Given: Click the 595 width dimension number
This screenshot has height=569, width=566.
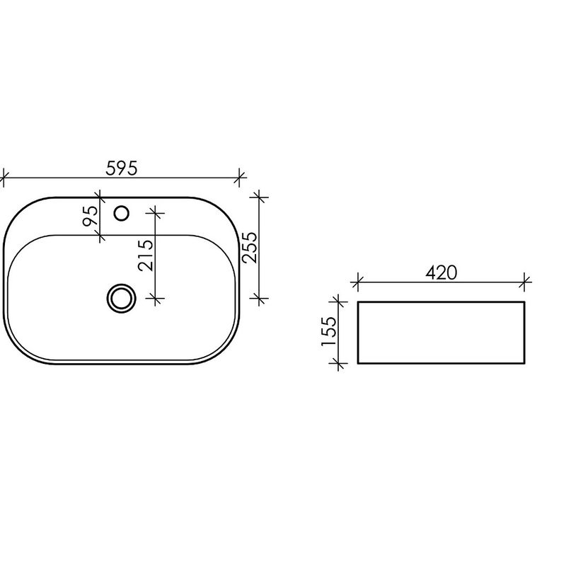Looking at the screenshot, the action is (x=122, y=168).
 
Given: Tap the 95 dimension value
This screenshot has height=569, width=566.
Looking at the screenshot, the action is (x=91, y=216).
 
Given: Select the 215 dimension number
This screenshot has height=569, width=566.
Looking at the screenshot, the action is (x=146, y=255).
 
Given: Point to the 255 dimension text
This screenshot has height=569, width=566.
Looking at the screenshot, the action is (x=250, y=247).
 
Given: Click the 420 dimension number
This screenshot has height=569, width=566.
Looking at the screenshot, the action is (x=441, y=273).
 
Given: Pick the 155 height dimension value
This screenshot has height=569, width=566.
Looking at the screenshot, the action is (x=330, y=331).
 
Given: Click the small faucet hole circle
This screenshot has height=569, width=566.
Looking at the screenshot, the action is (x=122, y=213).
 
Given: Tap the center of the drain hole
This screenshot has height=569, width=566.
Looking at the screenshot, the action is (x=122, y=299).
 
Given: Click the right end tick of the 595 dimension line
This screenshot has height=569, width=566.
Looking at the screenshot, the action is (x=239, y=178).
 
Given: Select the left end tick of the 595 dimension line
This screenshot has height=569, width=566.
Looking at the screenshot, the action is (x=4, y=178).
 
